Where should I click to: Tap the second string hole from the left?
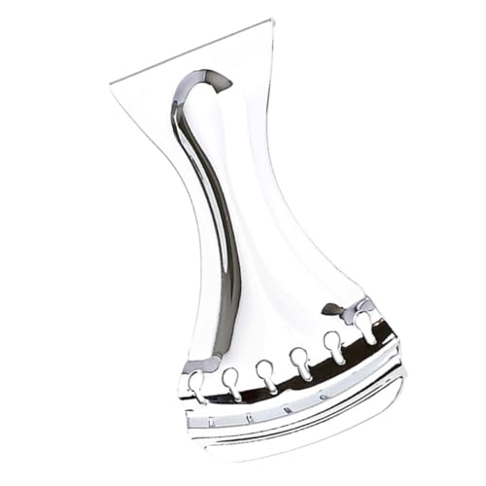pos(232,377)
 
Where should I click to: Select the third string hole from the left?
pos(265,370)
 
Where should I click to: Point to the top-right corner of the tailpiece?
pos(269,21)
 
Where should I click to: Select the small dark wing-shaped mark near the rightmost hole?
pos(334,310)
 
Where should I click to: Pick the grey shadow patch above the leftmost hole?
pos(199,364)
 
